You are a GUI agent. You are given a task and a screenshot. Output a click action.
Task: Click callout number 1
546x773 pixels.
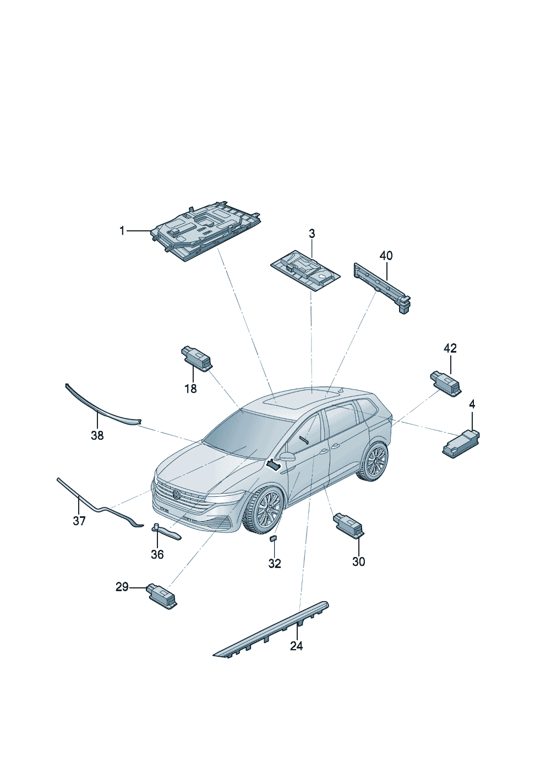coord(122,231)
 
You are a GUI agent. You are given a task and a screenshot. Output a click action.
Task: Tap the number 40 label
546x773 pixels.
coord(386,256)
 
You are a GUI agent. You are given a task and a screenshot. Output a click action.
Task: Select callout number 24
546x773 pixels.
coord(296,646)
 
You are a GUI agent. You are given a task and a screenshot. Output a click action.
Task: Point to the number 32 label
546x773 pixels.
coord(274,564)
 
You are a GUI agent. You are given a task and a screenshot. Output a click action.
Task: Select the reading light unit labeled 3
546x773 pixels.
coord(304,271)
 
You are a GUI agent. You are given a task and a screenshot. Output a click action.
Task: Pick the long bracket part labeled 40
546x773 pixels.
coord(383,287)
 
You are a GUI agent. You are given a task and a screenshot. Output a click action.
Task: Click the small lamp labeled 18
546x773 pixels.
coord(196,358)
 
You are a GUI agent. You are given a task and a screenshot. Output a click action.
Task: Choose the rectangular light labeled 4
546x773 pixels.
coord(461,444)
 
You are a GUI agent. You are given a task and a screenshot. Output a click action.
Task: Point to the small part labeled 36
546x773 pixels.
coord(166,532)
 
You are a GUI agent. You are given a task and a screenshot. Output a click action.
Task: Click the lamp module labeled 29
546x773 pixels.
coord(162,597)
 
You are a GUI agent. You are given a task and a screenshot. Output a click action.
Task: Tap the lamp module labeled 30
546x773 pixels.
coord(348,523)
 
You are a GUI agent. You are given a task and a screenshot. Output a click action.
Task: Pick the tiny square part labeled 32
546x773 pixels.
coord(272,538)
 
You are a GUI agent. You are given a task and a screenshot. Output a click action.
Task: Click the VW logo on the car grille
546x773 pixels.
coord(177,494)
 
